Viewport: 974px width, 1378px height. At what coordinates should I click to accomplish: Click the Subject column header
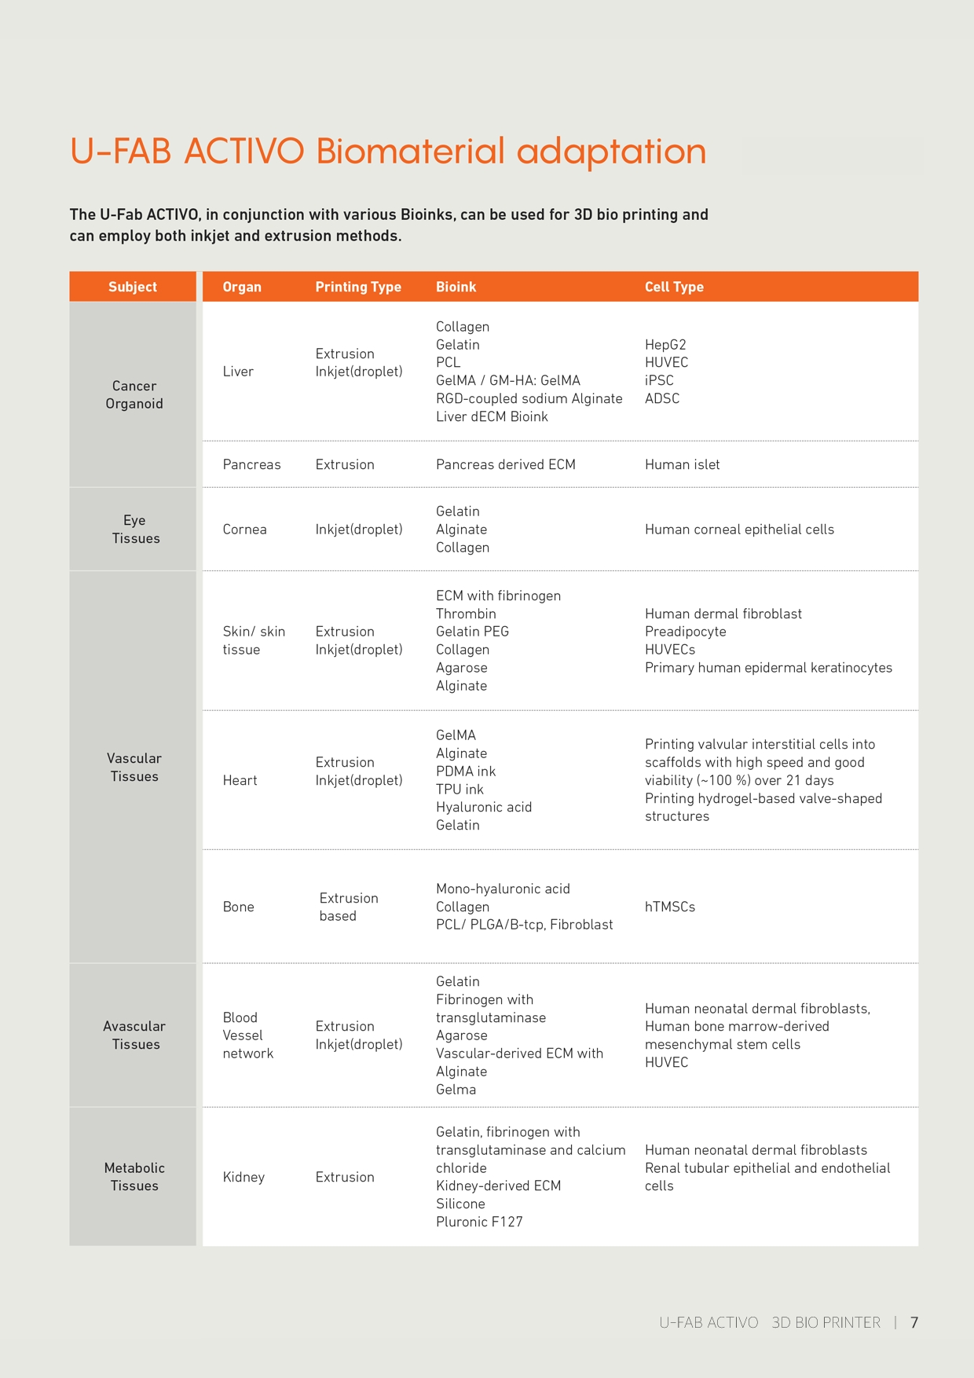(x=133, y=287)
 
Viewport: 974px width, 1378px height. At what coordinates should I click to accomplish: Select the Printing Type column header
(x=358, y=287)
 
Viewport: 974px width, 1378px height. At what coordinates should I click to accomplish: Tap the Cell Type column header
(x=674, y=287)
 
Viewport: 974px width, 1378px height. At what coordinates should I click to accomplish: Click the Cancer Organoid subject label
(x=134, y=394)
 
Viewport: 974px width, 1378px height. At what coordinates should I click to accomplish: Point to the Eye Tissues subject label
(x=135, y=529)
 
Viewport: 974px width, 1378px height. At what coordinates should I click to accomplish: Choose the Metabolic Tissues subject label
(x=134, y=1176)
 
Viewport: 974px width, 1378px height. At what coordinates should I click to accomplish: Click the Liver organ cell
(x=238, y=372)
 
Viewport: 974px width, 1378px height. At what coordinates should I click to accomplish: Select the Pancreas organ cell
(x=251, y=464)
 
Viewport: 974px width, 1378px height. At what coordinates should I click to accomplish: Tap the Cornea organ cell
(x=244, y=530)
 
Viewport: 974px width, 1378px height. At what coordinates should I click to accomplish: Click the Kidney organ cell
(x=243, y=1177)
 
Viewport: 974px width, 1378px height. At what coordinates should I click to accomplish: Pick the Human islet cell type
(x=682, y=464)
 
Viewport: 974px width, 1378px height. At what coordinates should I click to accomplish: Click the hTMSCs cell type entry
(x=670, y=907)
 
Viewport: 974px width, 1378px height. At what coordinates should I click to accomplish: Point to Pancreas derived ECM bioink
(x=505, y=464)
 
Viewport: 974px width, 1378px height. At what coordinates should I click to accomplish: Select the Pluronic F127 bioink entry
(x=479, y=1222)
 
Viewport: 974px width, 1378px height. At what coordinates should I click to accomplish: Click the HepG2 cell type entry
(x=665, y=345)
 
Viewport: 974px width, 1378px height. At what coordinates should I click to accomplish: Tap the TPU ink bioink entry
(x=460, y=789)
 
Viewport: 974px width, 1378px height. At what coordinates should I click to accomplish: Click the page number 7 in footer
(x=914, y=1322)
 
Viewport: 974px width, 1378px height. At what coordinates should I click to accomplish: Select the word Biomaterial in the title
(x=410, y=151)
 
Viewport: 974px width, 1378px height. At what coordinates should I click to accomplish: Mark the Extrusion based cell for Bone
(x=348, y=907)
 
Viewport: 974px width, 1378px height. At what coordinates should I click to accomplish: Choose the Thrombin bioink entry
(x=466, y=614)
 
